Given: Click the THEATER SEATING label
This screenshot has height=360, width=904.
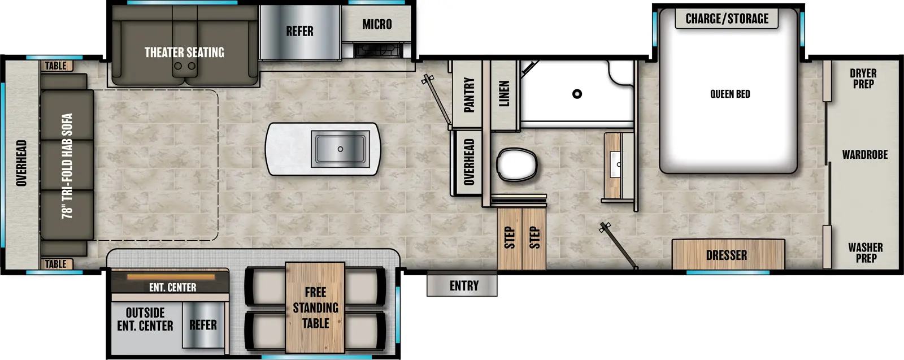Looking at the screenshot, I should tap(184, 53).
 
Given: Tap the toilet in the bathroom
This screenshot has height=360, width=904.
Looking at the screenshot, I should tap(516, 164).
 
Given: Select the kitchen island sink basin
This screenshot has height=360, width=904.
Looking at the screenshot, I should tap(340, 149).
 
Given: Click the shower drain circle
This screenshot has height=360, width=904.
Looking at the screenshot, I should tap(577, 94).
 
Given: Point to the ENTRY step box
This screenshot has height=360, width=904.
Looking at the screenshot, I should tap(463, 285).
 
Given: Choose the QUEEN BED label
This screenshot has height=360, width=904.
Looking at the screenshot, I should tap(730, 94).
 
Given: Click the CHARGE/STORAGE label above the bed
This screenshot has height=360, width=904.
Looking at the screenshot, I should tap(727, 19).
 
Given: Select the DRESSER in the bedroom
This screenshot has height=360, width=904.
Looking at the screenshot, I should tap(727, 255).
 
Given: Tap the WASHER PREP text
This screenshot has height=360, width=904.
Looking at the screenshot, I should tap(865, 252).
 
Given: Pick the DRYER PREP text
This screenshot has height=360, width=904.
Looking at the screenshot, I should tap(863, 79).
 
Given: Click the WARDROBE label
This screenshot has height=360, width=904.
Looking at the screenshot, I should tap(864, 154).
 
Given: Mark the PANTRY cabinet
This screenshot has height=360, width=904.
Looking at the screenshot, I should tap(468, 94).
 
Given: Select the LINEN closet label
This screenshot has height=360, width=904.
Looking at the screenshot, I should tap(504, 93).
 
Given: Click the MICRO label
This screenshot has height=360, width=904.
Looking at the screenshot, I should tap(377, 24).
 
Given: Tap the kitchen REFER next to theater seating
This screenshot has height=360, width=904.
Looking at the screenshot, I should tap(299, 32).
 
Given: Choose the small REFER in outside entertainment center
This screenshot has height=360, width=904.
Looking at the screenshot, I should tap(203, 325).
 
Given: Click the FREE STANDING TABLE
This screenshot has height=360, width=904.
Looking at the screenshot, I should tap(315, 307).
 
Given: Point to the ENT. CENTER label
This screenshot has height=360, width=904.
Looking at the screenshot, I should tap(172, 287).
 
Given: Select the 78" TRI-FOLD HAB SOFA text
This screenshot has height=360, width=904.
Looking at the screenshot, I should tap(67, 166).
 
